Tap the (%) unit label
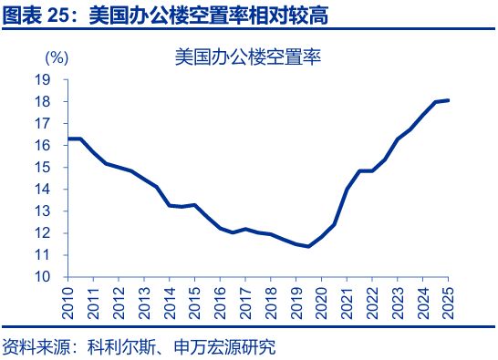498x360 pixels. pos(56,57)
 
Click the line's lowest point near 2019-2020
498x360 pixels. pos(308,246)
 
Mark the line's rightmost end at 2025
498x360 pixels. pos(448,100)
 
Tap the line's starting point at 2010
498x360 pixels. pos(69,139)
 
